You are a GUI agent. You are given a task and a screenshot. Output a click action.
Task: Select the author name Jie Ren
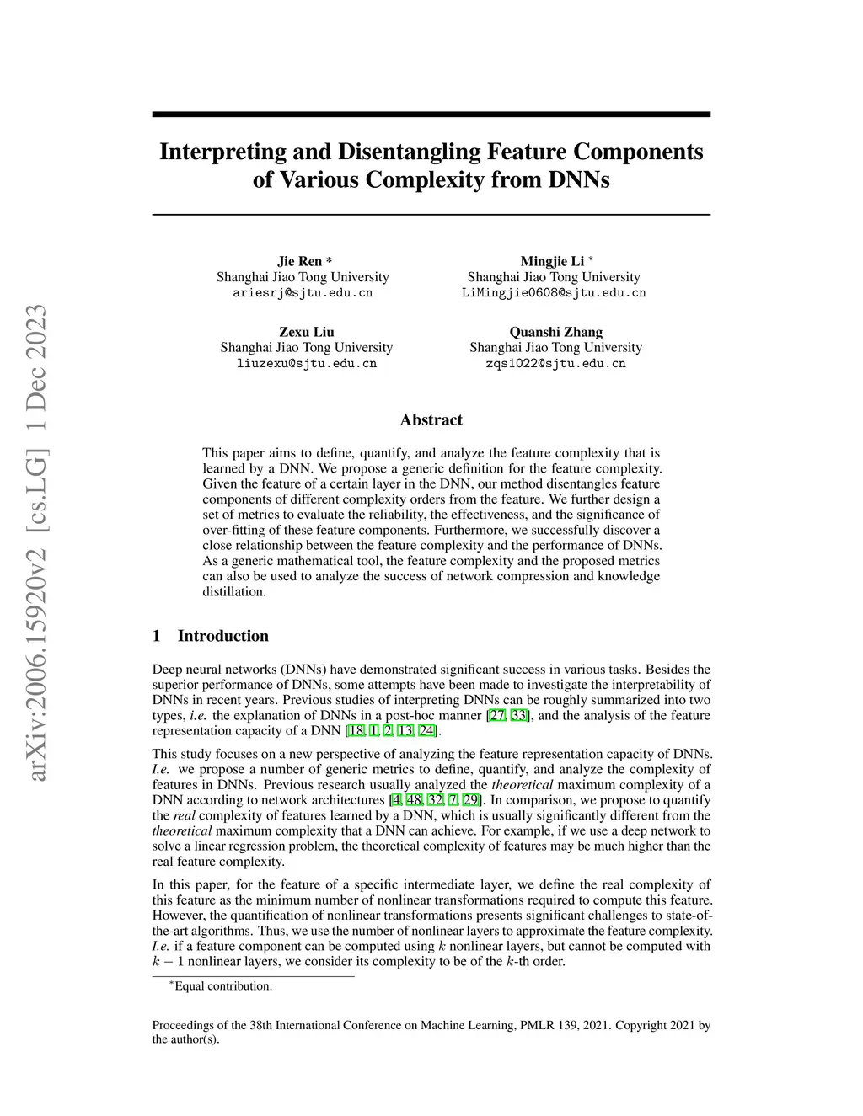(300, 261)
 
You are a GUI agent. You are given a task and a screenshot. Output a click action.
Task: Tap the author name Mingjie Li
(552, 261)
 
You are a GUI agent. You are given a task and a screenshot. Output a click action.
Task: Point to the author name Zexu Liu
(306, 332)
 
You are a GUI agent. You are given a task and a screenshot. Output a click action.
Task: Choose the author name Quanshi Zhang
(555, 332)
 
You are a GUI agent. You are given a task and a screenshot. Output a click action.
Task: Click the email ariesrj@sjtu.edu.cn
(303, 293)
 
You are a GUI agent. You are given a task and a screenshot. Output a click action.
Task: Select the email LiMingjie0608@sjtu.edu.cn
(554, 293)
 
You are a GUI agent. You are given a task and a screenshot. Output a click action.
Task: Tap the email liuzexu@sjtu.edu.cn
(306, 364)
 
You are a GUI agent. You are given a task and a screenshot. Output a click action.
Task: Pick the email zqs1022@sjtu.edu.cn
(555, 364)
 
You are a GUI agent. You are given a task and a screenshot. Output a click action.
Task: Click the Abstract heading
(431, 419)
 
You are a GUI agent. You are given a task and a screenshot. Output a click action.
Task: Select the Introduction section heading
(222, 636)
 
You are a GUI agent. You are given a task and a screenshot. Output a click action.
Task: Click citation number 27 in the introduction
(497, 716)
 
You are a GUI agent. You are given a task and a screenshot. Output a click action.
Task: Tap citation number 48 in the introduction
(414, 800)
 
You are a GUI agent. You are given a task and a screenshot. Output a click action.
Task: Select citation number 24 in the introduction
(426, 731)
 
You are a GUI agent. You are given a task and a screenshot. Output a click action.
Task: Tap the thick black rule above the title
(431, 115)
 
